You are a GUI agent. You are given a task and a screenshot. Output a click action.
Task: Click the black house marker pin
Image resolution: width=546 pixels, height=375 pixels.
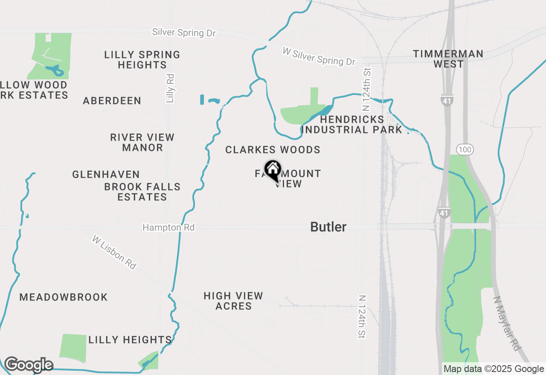tap(273, 170)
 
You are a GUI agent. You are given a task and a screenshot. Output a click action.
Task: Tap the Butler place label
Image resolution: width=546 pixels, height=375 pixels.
tap(328, 227)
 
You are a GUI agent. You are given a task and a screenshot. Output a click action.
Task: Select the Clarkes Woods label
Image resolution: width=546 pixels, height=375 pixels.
tap(273, 150)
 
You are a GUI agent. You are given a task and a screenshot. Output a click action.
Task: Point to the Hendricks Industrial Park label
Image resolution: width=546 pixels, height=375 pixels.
tap(352, 124)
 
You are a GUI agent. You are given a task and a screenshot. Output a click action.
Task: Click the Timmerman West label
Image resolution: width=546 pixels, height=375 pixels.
tap(448, 59)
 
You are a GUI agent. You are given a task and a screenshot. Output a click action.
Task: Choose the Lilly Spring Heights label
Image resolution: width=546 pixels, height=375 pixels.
tap(142, 60)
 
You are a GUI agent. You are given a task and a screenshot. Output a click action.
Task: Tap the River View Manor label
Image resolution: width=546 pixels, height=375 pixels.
tap(142, 142)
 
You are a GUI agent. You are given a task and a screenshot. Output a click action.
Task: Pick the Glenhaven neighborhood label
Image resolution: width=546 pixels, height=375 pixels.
tap(106, 174)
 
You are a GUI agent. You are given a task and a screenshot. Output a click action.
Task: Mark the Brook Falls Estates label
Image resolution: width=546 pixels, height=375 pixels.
tap(142, 192)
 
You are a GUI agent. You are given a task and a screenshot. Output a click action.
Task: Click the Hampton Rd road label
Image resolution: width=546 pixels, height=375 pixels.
tap(168, 228)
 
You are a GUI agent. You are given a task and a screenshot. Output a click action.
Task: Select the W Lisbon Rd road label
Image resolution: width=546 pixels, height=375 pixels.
tap(114, 252)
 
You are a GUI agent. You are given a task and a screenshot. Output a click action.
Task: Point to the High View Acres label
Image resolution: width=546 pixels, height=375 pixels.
tap(233, 301)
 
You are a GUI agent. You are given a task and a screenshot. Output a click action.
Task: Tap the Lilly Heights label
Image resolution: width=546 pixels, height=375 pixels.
tap(130, 340)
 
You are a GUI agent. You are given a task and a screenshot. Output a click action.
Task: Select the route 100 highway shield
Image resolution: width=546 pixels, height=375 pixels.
tap(464, 149)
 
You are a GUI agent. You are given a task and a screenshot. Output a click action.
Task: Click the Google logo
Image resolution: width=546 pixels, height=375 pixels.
tap(29, 365)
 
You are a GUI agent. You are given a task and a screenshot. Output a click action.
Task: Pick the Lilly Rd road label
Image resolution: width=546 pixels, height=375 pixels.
tap(170, 88)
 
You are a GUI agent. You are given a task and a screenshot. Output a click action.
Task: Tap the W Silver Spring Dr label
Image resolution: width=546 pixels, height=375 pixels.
tap(319, 56)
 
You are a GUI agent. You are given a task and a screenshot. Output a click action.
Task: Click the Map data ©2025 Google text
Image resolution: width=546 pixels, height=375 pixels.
tap(494, 369)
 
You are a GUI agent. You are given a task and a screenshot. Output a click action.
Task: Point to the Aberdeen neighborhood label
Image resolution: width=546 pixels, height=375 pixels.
tap(112, 101)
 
